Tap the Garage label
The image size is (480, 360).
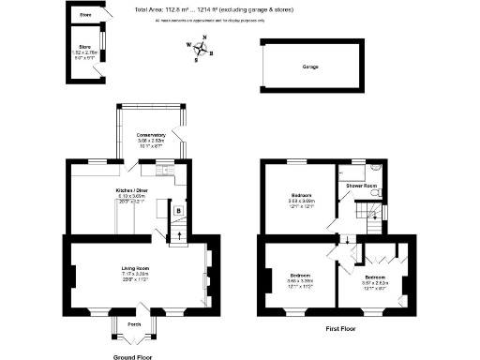pos(309,68)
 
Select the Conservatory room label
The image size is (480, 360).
pos(151,134)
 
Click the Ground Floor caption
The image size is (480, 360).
pos(135,357)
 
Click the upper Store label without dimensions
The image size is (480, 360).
pos(84,15)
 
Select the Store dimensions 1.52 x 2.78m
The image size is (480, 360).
pos(84,52)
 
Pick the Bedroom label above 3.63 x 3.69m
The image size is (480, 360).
pos(300,195)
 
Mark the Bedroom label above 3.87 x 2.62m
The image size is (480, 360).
pos(374,277)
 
